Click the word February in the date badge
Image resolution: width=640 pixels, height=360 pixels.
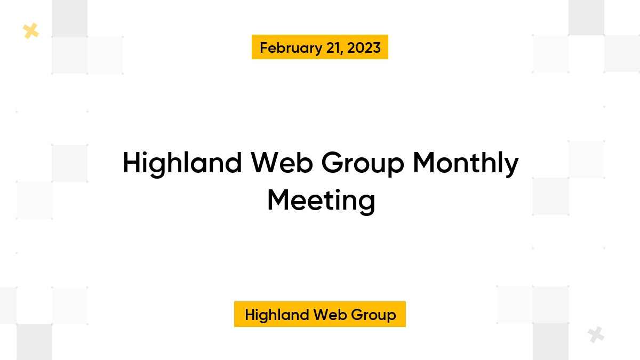(x=289, y=48)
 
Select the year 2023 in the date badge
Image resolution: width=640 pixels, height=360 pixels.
(x=364, y=48)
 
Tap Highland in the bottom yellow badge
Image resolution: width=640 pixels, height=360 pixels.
(x=274, y=315)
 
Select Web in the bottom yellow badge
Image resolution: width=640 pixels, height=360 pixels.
(x=322, y=315)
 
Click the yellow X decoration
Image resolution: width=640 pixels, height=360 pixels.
(x=31, y=31)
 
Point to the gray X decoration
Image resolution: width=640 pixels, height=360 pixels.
(x=596, y=335)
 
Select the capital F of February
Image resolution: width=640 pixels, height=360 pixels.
(x=263, y=48)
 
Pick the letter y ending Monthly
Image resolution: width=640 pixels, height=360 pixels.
(x=511, y=166)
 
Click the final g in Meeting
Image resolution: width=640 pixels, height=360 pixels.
(x=367, y=204)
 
